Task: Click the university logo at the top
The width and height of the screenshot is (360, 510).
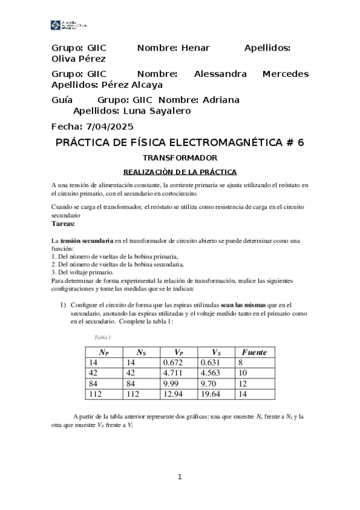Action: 69,25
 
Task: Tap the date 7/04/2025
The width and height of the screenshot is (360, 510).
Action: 110,126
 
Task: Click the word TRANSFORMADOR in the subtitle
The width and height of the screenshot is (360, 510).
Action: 180,158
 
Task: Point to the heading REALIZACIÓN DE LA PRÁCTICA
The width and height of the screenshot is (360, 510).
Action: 180,171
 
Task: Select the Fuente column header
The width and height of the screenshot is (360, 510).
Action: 254,352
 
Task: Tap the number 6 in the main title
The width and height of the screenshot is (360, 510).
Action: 301,143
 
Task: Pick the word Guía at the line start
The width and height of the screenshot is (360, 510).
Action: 63,100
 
